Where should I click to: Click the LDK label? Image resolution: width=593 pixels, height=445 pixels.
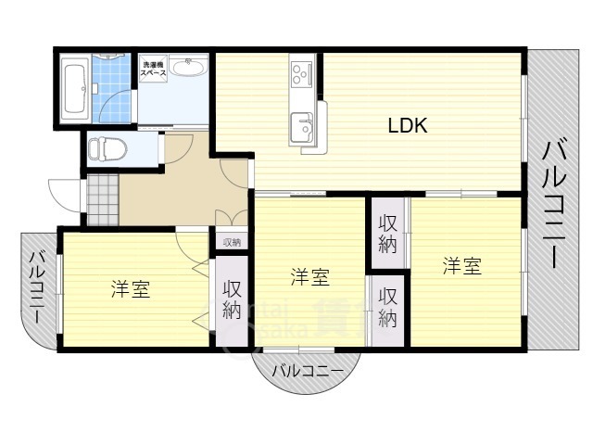click(x=407, y=126)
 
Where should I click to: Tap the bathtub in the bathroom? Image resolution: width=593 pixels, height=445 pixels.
click(x=74, y=88)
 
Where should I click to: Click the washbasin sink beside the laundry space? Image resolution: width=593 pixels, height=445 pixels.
click(x=190, y=69)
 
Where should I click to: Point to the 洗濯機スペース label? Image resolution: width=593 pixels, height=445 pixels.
click(x=153, y=68)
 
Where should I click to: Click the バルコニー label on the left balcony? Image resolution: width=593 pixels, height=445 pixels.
click(x=38, y=286)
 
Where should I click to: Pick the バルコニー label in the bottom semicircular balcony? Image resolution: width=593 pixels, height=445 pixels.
click(x=307, y=371)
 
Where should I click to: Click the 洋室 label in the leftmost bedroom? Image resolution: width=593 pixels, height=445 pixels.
click(x=131, y=288)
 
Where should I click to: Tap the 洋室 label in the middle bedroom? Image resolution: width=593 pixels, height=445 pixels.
click(x=309, y=276)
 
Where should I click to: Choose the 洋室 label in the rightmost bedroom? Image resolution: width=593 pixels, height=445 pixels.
click(x=461, y=266)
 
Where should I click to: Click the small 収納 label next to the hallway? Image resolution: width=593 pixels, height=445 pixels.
click(x=231, y=242)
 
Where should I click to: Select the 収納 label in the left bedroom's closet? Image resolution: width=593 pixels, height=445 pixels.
click(x=232, y=299)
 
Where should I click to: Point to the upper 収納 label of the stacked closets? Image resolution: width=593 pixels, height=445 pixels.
click(x=387, y=233)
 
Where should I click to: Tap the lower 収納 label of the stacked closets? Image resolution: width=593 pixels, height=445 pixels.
click(x=387, y=309)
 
